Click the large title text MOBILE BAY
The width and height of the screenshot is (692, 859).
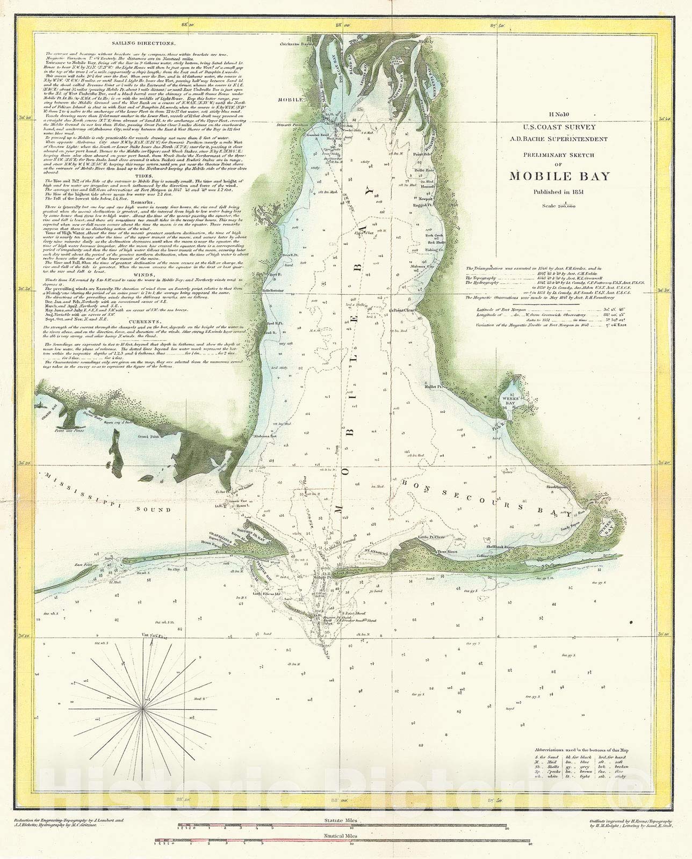pyautogui.click(x=559, y=176)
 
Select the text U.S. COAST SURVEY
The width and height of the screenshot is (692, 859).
pyautogui.click(x=559, y=129)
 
